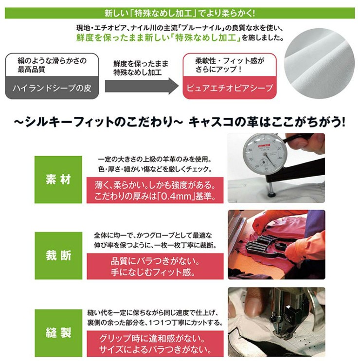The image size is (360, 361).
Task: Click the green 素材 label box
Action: pos(58,180)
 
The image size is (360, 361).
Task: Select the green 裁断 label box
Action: pos(58,255)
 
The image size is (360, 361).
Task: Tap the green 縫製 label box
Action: pos(58,333)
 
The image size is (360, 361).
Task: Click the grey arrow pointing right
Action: pos(142,86)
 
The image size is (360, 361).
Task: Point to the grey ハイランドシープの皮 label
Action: pos(52,88)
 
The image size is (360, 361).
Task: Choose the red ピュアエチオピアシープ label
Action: pos(230,88)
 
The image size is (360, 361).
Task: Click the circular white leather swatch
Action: pos(319,64)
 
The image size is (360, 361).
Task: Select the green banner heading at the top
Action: pos(180,13)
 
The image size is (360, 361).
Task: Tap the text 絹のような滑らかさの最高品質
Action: pos(52,65)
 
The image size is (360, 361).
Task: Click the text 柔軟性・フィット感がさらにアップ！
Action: pos(230,65)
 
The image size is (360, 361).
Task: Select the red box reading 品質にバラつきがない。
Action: pos(155,267)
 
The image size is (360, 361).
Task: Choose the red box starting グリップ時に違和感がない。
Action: pos(155,344)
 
